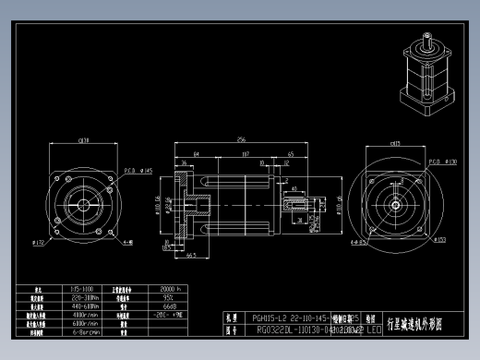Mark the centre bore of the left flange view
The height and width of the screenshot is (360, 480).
pyautogui.click(x=83, y=204)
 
